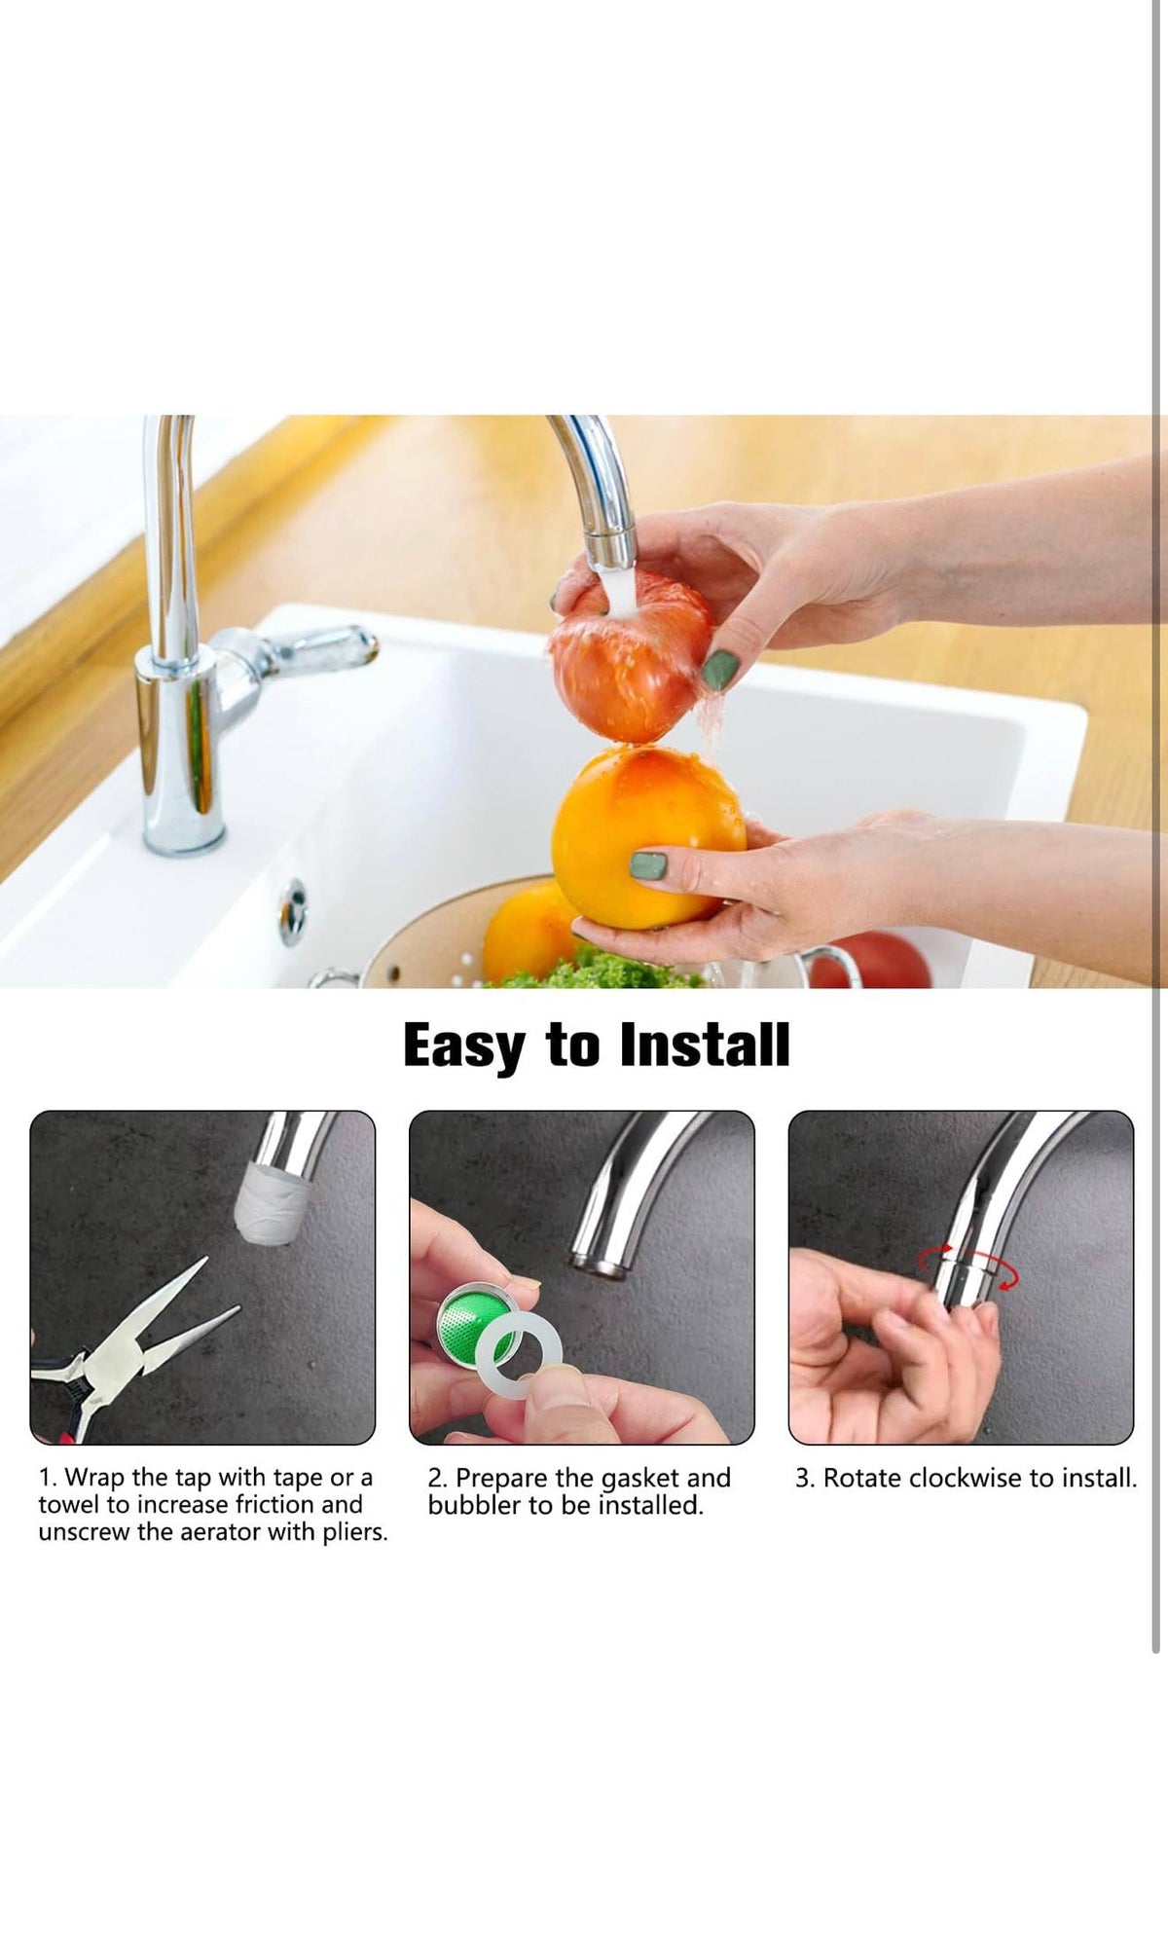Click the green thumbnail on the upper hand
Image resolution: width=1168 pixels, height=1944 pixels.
coord(720,670)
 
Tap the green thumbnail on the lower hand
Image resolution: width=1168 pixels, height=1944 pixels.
coord(648,863)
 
